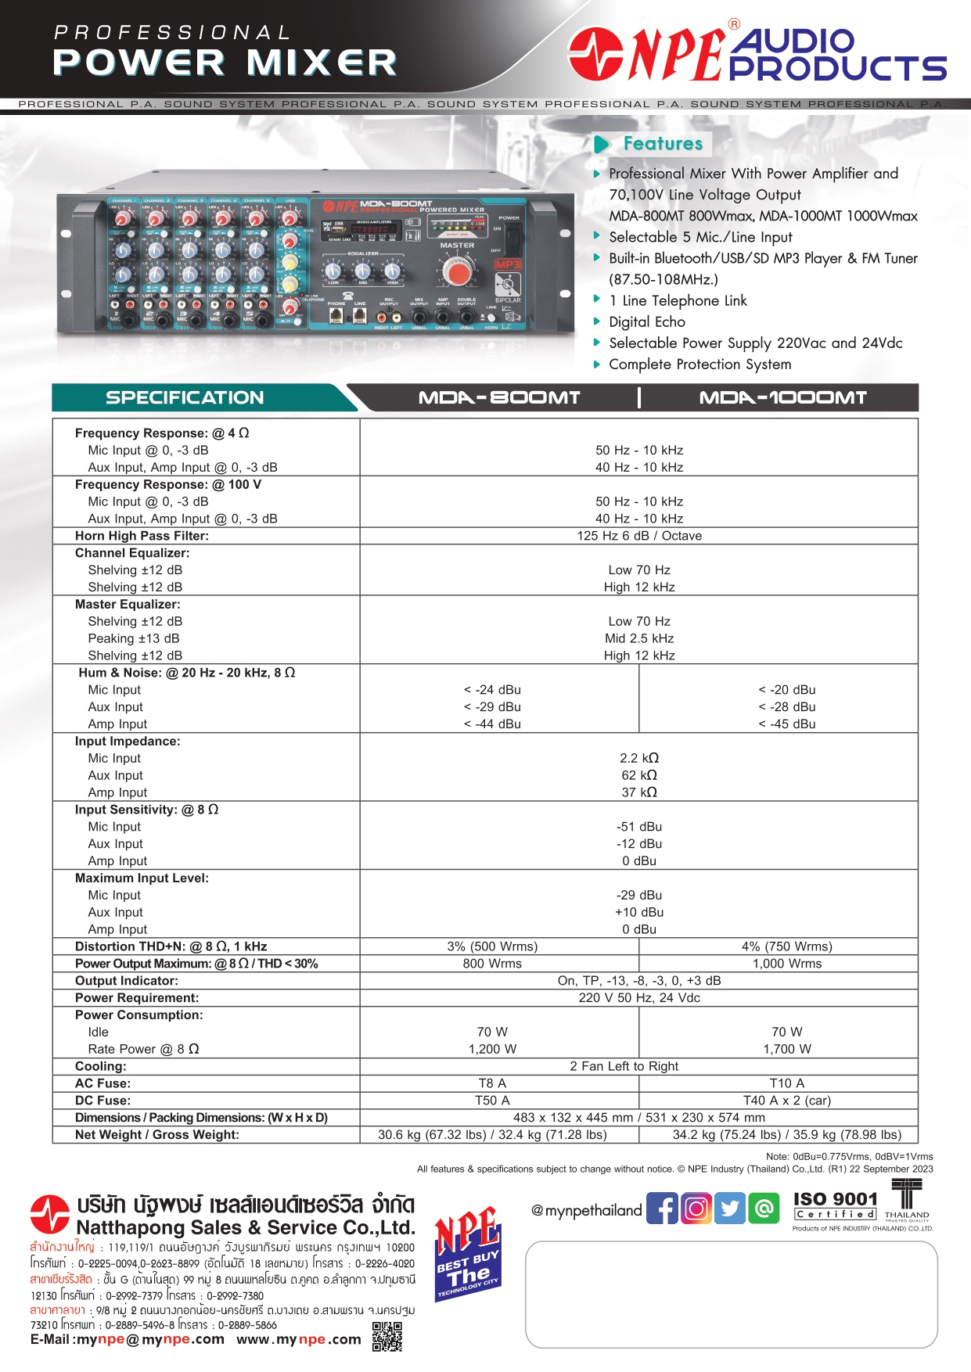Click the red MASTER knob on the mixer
point(457,272)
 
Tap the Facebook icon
point(662,1209)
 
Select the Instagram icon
point(696,1209)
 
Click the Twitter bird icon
point(730,1209)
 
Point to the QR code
point(387,1336)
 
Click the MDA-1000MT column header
point(782,398)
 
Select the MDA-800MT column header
point(499,398)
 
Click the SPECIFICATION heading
point(185,398)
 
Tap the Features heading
point(663,144)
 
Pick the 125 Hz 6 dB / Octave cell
point(639,536)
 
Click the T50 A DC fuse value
point(492,1101)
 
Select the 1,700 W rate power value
point(787,1049)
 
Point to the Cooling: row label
point(100,1066)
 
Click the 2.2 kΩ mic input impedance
point(639,758)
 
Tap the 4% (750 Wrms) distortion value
point(787,946)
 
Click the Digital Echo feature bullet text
point(647,322)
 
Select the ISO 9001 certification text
point(836,1199)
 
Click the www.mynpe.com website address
point(299,1339)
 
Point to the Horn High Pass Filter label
point(142,536)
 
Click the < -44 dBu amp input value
point(492,724)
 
